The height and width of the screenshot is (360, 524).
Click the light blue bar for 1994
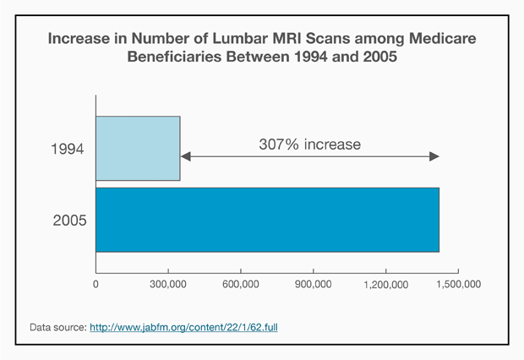(138, 149)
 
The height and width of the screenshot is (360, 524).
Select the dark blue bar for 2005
(267, 220)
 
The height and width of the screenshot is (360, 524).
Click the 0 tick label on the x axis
(96, 285)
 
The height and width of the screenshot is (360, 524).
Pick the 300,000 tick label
(168, 285)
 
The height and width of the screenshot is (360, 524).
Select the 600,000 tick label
(241, 285)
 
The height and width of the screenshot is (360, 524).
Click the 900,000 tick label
(314, 285)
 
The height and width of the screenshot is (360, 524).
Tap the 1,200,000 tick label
(385, 285)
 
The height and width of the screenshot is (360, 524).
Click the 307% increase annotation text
(309, 145)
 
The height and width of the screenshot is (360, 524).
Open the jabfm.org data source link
(183, 325)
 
